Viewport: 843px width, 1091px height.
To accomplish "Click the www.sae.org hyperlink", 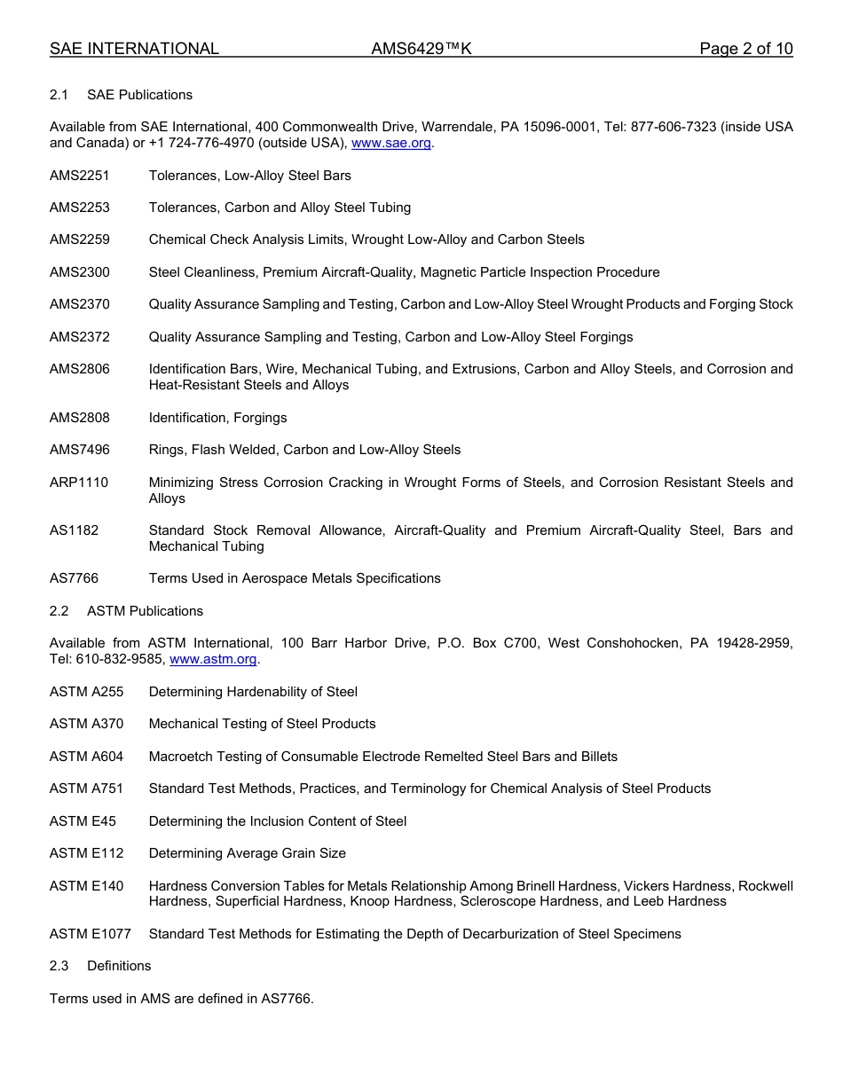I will coord(391,143).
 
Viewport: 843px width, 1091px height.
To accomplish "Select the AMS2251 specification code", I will coord(80,176).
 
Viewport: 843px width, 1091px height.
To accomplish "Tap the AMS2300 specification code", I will coord(80,272).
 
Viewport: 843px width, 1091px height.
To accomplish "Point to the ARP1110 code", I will coord(79,483).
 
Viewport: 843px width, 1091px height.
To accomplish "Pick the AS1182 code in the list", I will coord(75,530).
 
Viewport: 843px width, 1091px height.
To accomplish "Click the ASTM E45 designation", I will coord(83,821).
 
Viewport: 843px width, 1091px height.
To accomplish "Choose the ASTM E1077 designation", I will coord(91,933).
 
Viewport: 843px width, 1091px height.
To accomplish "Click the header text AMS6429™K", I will coord(421,49).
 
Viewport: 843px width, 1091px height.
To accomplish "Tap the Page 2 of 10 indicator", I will coord(745,49).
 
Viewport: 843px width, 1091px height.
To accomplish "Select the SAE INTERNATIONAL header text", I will coord(134,49).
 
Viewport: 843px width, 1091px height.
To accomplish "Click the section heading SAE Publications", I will coord(139,95).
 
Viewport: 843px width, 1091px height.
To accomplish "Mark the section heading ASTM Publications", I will coord(145,611).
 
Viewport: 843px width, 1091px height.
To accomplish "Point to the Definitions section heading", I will coord(119,966).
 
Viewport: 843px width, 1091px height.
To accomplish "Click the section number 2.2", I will coord(59,611).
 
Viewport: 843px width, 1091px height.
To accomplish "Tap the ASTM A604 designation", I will coord(87,757).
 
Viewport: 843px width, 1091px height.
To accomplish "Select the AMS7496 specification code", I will coord(80,450).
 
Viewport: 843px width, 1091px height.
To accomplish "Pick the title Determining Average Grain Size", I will coord(247,853).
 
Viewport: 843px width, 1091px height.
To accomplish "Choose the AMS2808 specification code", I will coord(80,418).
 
